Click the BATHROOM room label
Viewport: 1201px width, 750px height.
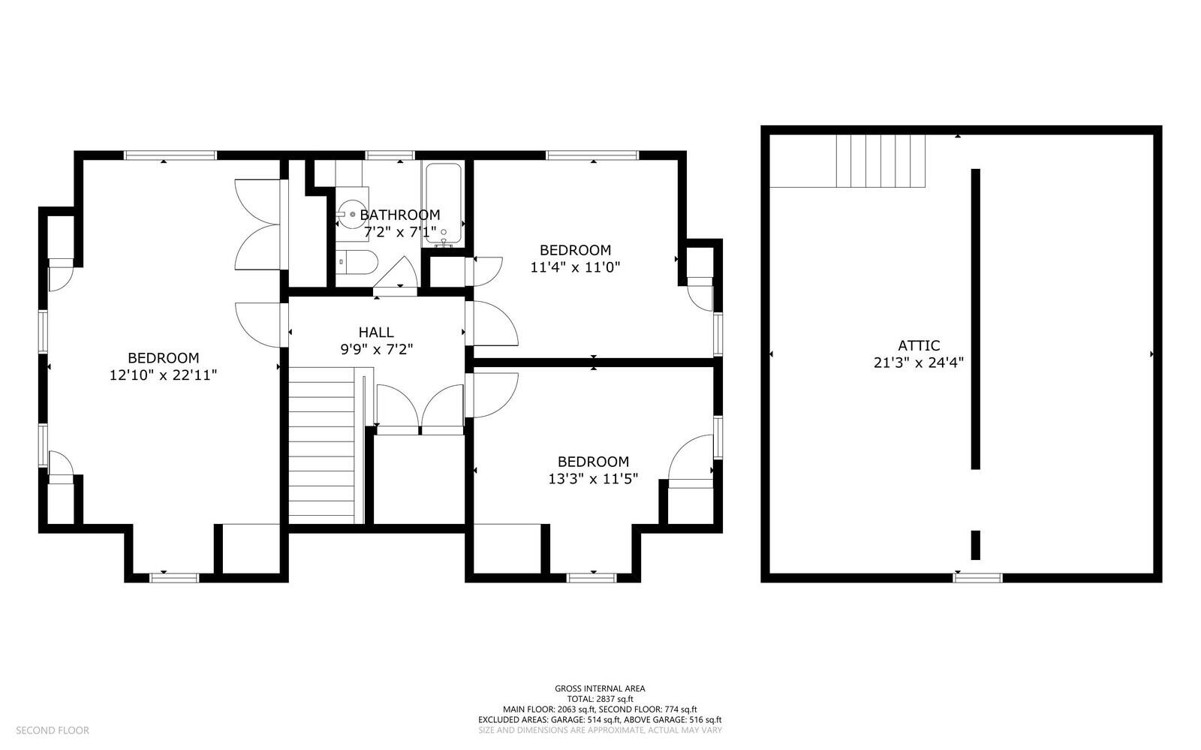(399, 215)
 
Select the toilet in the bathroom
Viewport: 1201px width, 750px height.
(356, 263)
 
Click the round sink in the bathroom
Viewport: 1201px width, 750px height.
(351, 213)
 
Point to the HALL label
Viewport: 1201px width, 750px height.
(375, 332)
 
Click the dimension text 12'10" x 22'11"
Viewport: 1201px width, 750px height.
(163, 375)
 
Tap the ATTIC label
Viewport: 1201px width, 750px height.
(919, 345)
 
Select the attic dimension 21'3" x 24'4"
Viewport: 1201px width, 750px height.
(919, 362)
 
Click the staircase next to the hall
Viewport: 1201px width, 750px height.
(321, 444)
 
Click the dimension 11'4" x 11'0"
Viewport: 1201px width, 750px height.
(575, 267)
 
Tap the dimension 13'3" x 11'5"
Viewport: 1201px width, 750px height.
(593, 477)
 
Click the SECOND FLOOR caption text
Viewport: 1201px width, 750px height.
(53, 730)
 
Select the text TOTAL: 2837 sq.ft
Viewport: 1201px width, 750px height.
(600, 699)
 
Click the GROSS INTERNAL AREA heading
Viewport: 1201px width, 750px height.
(600, 688)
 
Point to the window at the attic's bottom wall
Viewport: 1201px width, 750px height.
(977, 577)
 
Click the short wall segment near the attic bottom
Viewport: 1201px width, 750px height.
(976, 545)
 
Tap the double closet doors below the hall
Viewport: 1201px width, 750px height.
(420, 409)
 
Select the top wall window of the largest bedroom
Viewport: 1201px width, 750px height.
(170, 155)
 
